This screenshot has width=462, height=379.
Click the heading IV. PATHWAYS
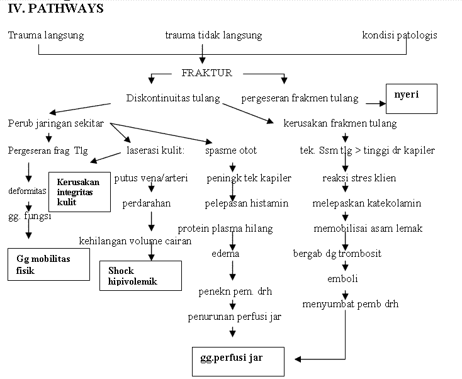coord(55,9)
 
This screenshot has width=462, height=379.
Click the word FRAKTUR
coord(206,73)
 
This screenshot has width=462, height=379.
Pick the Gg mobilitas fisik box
coord(48,265)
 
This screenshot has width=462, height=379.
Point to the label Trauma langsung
coord(45,35)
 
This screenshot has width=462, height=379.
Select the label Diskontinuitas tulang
coord(173,98)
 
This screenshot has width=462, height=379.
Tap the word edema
coord(225,254)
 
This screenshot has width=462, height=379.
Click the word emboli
coord(343,279)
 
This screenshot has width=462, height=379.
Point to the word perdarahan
coord(146,203)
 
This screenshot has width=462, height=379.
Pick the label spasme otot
coord(231,150)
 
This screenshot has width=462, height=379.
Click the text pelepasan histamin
coord(247,203)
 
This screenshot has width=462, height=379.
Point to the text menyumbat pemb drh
coord(350,304)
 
